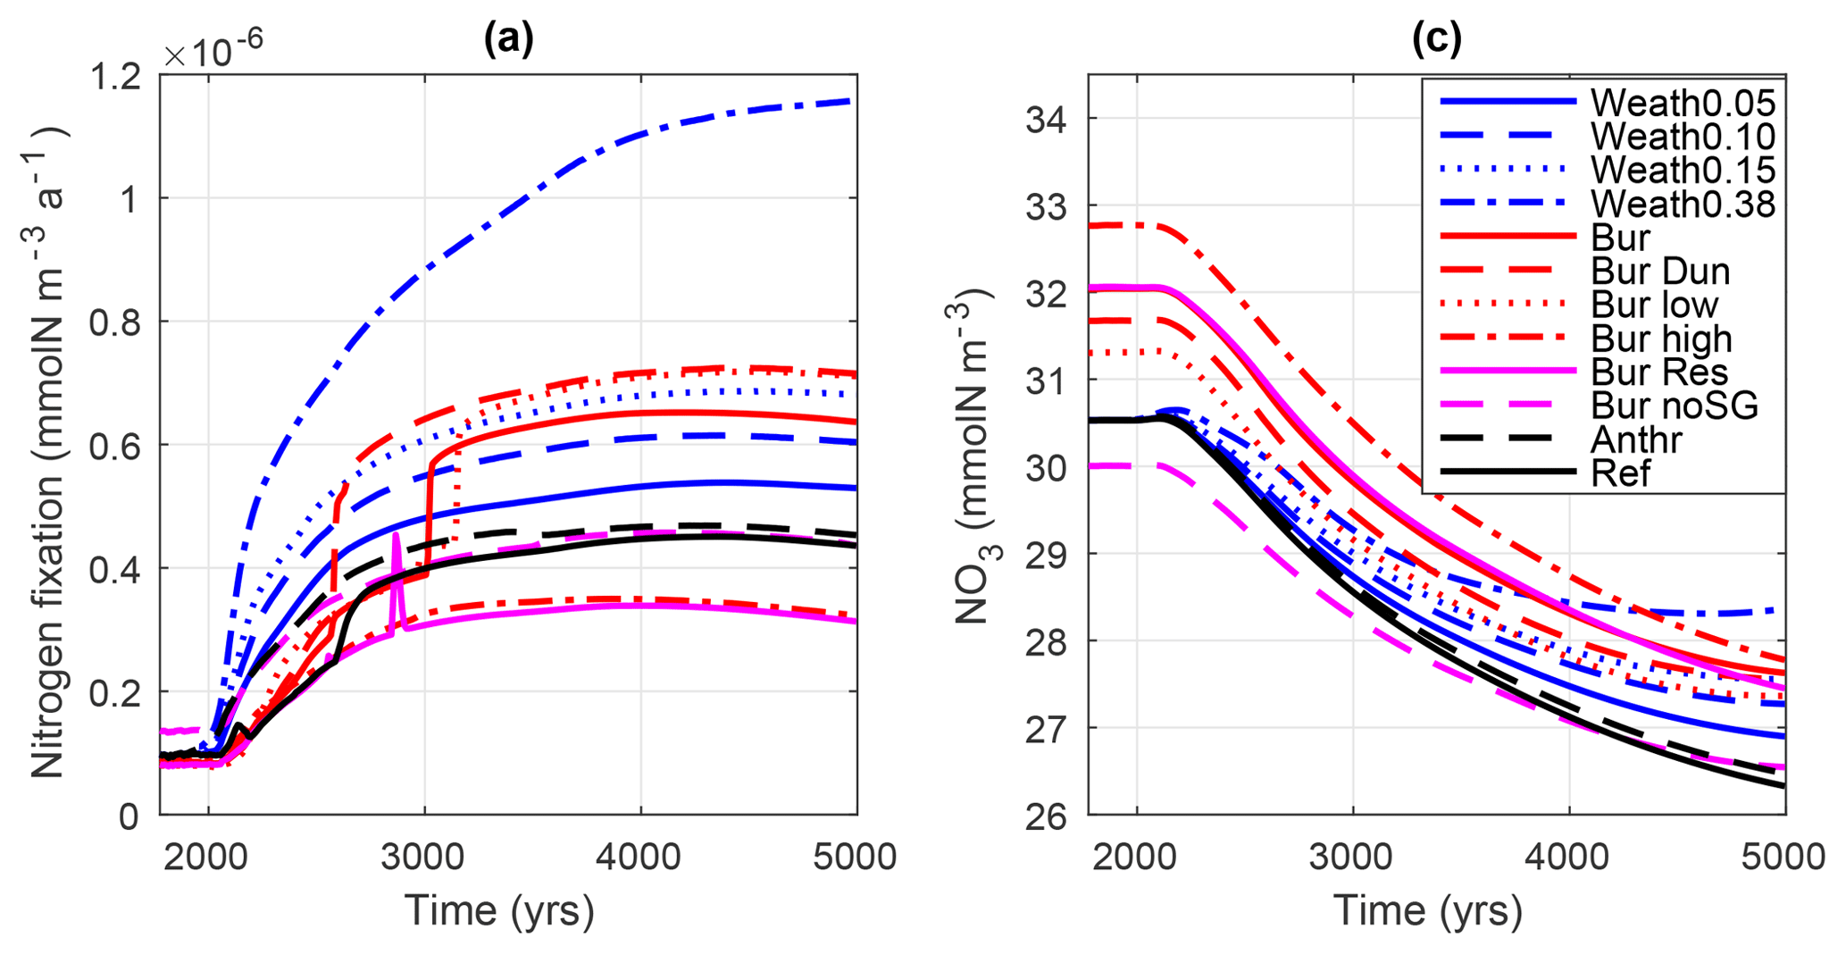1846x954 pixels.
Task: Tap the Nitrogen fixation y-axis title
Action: [48, 451]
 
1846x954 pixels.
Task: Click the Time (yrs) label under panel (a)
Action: [499, 911]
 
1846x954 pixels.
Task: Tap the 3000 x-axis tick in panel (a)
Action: [423, 857]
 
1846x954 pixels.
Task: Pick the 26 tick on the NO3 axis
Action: [1048, 816]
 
